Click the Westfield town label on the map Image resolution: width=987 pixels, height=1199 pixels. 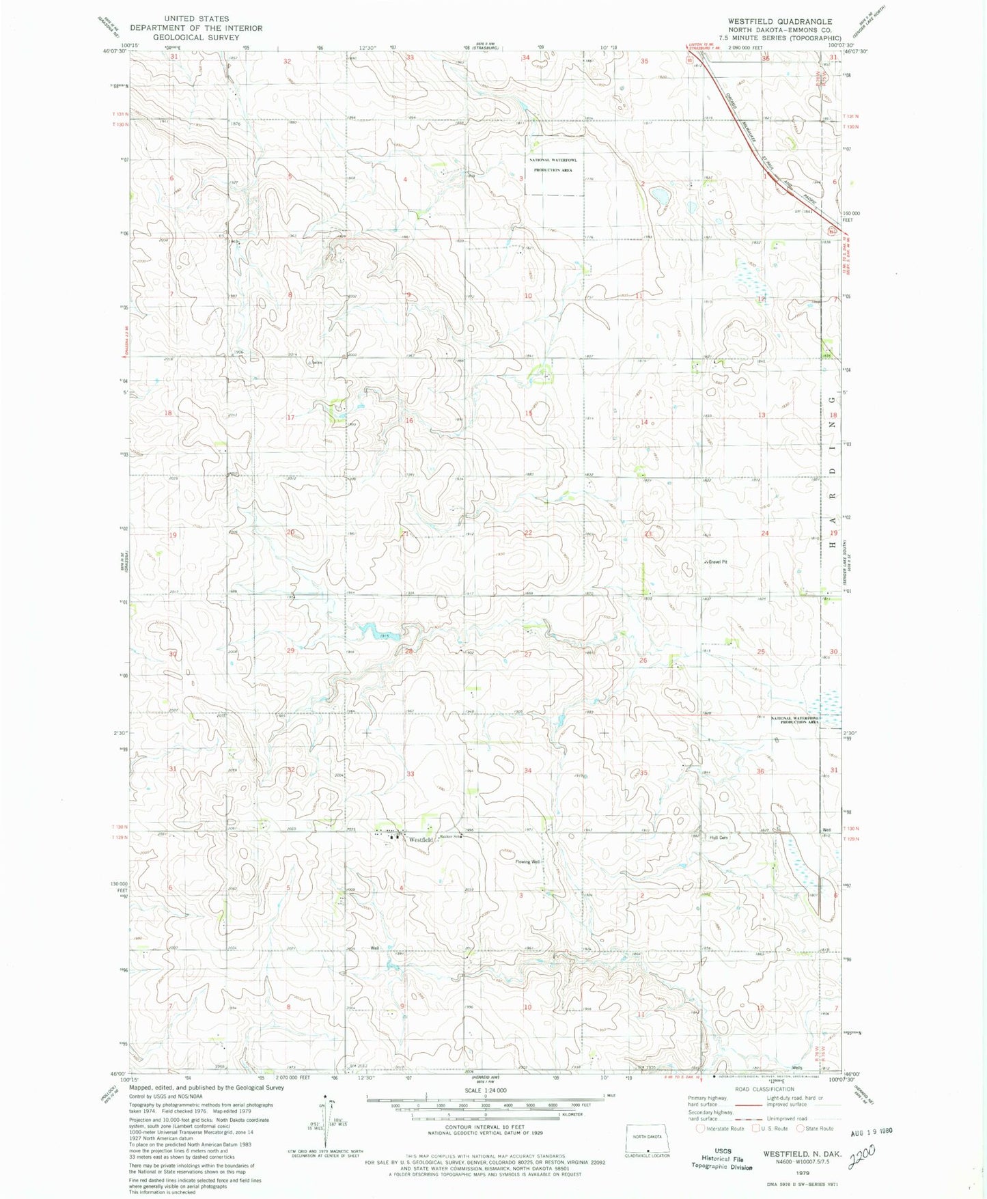pyautogui.click(x=421, y=840)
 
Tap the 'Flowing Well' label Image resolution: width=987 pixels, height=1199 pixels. pyautogui.click(x=527, y=862)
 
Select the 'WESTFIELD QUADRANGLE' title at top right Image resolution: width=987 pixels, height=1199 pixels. pyautogui.click(x=775, y=21)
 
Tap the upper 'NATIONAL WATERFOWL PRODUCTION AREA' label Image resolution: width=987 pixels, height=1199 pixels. pyautogui.click(x=553, y=165)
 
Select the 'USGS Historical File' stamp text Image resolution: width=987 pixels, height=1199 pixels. pyautogui.click(x=723, y=1155)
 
